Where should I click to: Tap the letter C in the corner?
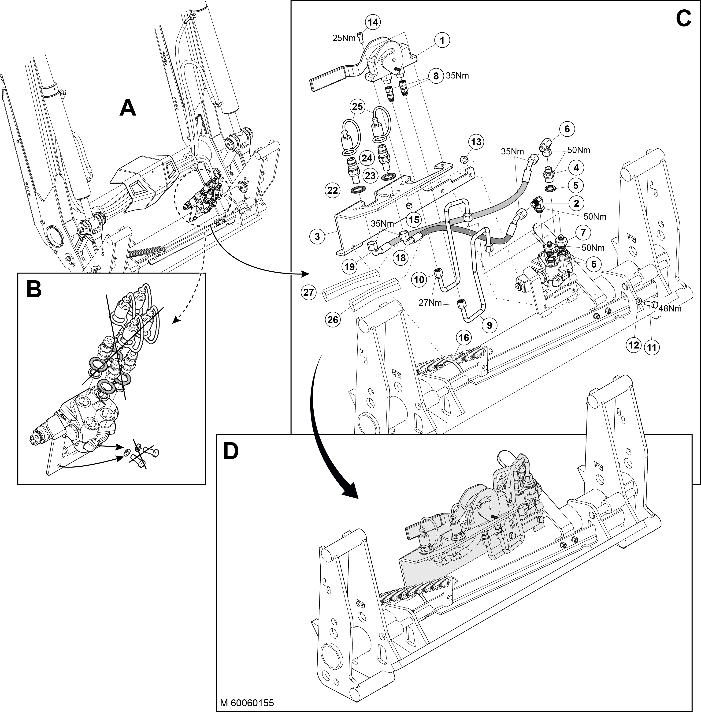[x=683, y=19]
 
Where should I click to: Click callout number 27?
[x=308, y=292]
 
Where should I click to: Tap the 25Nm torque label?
[x=344, y=38]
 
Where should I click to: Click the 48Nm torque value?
[x=670, y=308]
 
